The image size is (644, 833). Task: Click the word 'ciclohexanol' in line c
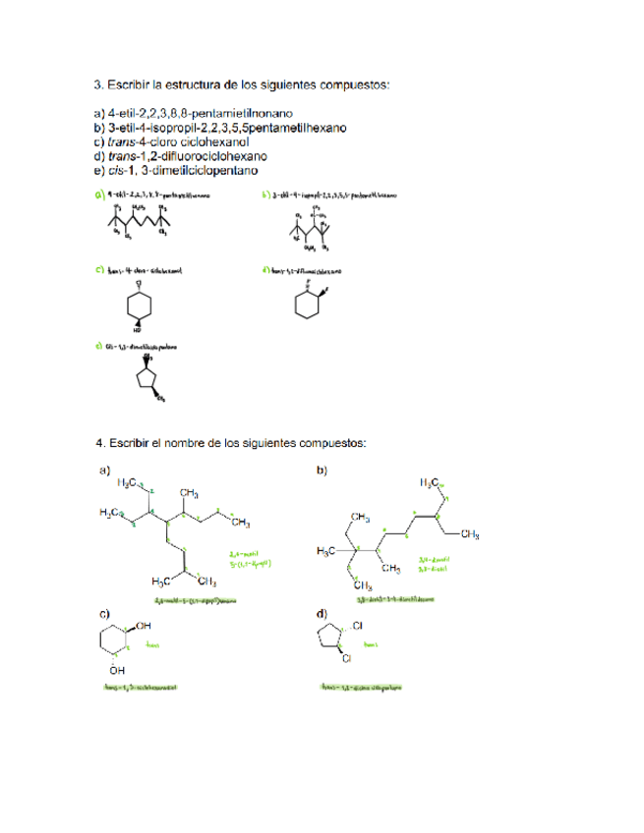coord(196,141)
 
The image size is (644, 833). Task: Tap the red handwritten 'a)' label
coord(99,196)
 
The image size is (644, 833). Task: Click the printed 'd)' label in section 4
coord(322,614)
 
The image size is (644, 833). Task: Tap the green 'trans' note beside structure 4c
coord(152,646)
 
